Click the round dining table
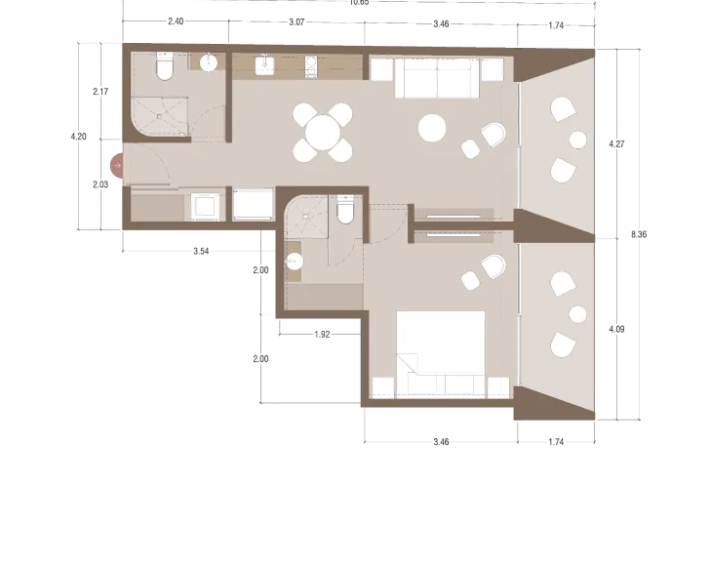pos(322,133)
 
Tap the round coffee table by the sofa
pos(432,127)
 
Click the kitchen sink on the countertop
pos(263,65)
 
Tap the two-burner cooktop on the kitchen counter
pos(309,66)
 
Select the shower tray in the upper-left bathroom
pos(154,114)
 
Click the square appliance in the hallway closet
pos(206,207)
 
